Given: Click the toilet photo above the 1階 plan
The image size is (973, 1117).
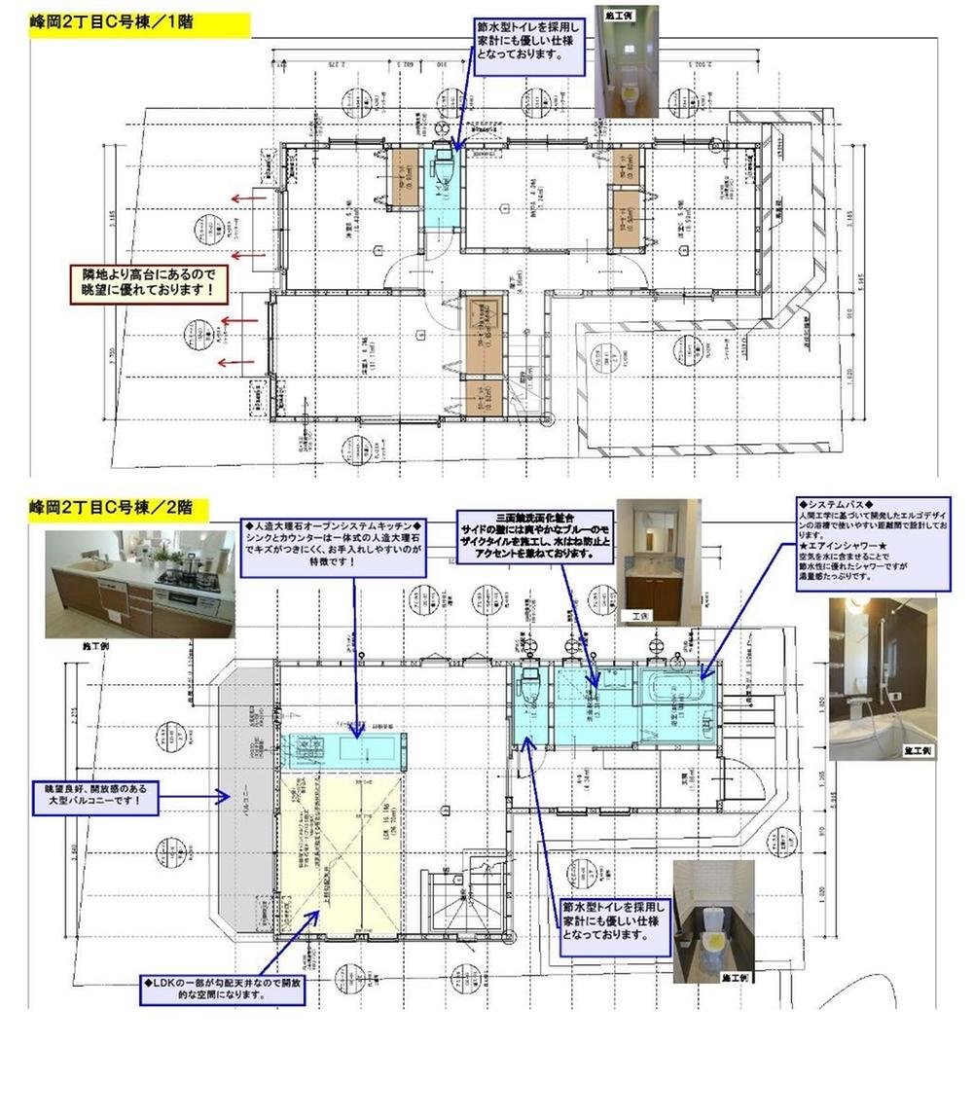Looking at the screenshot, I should point(627,61).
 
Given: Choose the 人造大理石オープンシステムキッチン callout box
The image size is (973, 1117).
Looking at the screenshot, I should point(335,547).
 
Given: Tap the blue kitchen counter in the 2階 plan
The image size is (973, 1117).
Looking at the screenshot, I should point(342,750).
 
